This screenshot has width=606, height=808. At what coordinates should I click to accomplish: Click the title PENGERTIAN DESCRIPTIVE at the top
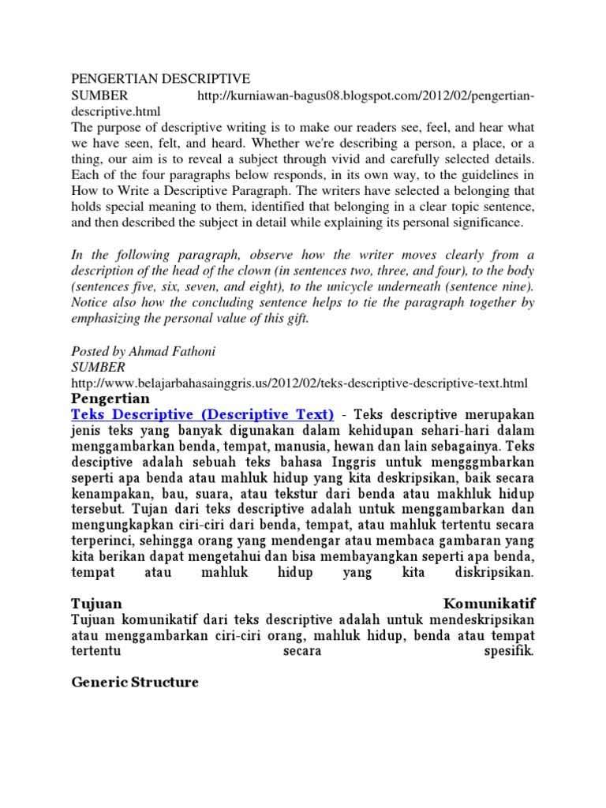coord(160,79)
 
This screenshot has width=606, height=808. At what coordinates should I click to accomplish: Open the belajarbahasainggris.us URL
coord(298,383)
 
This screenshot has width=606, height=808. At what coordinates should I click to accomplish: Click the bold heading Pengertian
coord(111,398)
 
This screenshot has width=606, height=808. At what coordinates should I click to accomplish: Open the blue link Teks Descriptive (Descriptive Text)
coord(203,414)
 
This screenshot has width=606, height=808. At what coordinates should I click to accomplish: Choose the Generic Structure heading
coord(134,683)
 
